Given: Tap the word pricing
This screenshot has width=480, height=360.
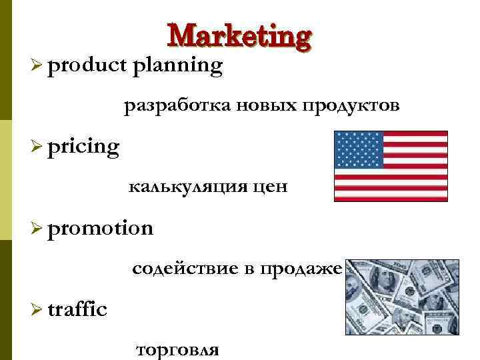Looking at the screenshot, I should [x=83, y=146].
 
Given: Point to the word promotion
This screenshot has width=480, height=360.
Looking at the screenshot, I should [x=100, y=228].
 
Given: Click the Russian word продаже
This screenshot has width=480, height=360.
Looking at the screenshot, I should [x=301, y=269].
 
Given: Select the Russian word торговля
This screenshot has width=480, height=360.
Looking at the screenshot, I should [x=177, y=349].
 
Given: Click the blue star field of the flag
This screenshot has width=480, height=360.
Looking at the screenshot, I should [x=359, y=149].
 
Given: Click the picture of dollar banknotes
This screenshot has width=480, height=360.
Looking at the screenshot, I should [x=402, y=297].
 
